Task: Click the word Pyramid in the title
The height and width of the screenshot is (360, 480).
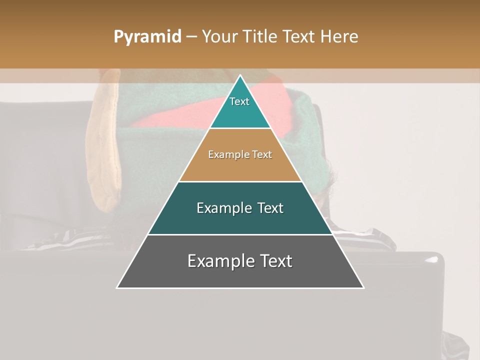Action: coord(147,37)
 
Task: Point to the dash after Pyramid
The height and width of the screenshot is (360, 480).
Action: coord(191,37)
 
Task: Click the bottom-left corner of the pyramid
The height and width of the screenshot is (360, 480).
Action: coord(117,287)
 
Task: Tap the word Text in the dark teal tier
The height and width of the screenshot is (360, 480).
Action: coord(270,208)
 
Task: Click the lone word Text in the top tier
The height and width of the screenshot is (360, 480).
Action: coord(239,101)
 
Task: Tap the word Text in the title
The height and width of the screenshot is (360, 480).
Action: coord(299,37)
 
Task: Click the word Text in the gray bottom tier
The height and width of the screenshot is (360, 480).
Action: coord(275,261)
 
